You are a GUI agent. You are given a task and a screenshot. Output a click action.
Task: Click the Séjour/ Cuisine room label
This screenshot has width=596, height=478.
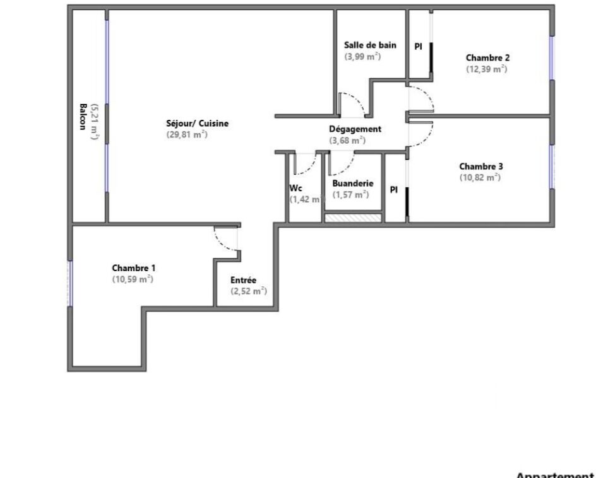197,124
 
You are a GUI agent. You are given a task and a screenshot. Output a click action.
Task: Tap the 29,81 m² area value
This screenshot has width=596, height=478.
187,134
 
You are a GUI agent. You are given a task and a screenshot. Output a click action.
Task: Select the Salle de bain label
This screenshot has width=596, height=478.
370,45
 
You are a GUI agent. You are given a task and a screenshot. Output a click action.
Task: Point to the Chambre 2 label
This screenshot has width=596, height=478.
487,58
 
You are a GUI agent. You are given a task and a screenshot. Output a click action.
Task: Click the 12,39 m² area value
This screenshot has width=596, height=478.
487,69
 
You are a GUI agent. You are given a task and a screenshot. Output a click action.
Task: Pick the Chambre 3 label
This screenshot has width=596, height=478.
481,166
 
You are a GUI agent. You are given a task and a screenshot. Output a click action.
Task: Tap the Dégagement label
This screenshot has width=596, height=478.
355,129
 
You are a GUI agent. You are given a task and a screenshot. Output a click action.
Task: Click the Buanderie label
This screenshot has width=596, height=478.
353,184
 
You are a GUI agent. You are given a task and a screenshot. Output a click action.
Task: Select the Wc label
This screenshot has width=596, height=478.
295,188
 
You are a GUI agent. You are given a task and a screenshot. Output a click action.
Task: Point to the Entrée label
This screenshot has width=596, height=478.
243,280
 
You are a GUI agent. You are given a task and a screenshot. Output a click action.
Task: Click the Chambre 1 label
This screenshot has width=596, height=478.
133,268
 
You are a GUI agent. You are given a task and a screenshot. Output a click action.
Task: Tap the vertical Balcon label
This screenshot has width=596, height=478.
83,117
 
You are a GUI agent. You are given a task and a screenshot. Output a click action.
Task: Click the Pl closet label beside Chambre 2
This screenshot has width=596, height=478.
418,47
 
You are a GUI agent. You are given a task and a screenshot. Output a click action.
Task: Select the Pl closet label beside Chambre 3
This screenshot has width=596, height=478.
394,189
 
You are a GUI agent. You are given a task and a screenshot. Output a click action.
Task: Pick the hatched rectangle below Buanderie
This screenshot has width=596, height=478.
353,218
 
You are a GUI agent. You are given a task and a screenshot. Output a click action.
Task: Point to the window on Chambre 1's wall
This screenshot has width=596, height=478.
69,283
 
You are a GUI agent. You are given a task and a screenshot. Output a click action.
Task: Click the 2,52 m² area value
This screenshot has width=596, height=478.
249,291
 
